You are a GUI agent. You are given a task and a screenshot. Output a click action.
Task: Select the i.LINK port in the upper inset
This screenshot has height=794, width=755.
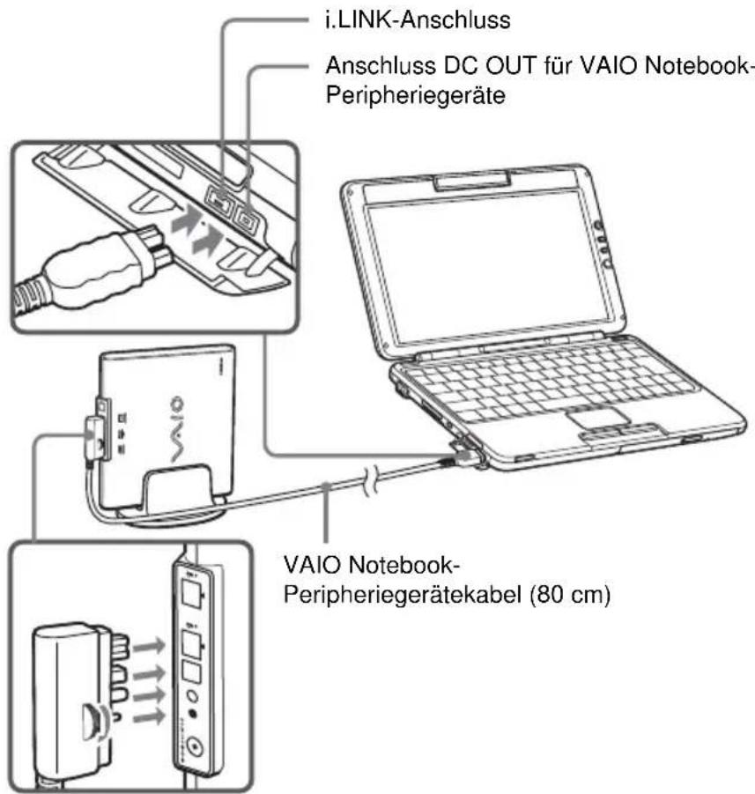coord(216,198)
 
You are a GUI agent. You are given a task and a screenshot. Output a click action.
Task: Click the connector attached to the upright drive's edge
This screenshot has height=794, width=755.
coord(97,436)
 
